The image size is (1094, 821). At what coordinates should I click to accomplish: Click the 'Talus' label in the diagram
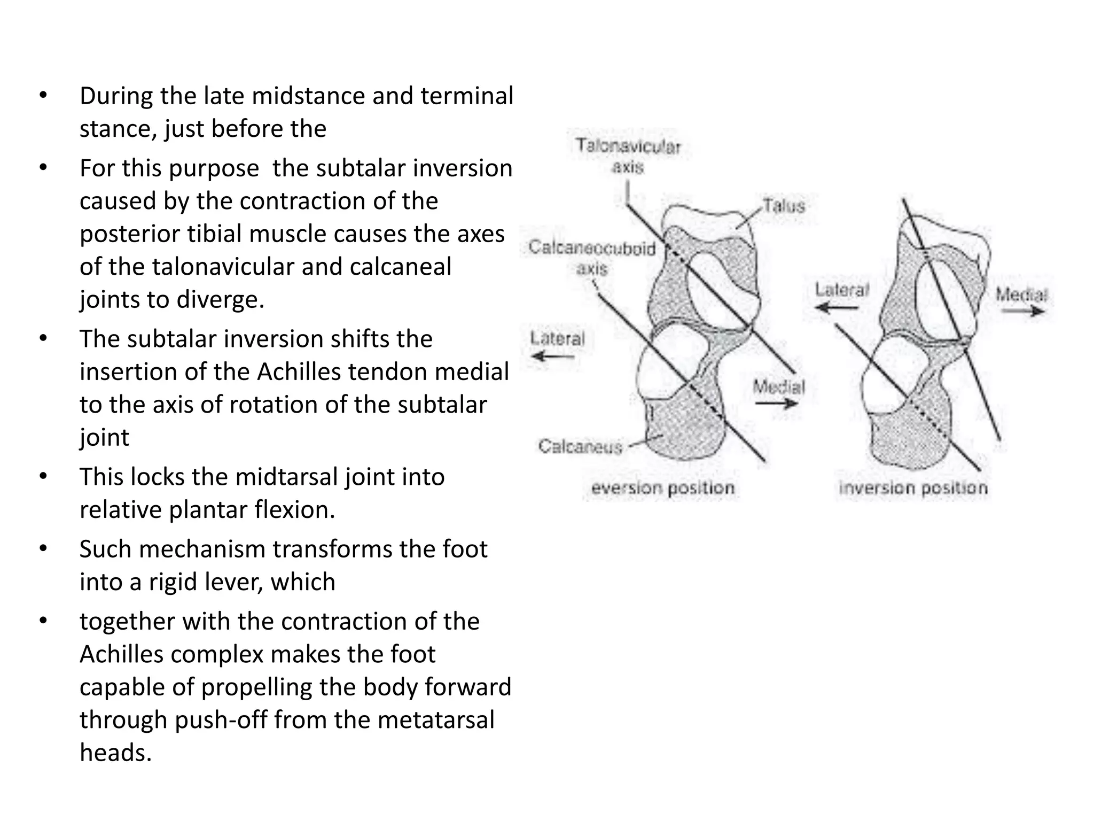[x=784, y=206]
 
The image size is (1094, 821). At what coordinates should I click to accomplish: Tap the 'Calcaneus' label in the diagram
[x=580, y=446]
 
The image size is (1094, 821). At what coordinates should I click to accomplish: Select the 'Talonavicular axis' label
[x=628, y=156]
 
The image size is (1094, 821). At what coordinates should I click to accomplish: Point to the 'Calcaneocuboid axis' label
[x=592, y=258]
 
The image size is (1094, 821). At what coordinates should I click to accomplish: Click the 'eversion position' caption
[x=663, y=488]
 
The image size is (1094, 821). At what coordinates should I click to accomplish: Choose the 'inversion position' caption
[x=913, y=488]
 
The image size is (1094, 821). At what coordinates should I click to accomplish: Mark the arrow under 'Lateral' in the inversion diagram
[x=838, y=308]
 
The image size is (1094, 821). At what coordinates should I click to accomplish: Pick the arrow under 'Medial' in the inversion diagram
[x=1022, y=311]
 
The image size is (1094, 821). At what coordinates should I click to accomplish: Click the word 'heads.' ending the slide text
[x=116, y=753]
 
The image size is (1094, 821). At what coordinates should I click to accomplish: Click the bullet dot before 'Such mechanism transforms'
[x=43, y=549]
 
